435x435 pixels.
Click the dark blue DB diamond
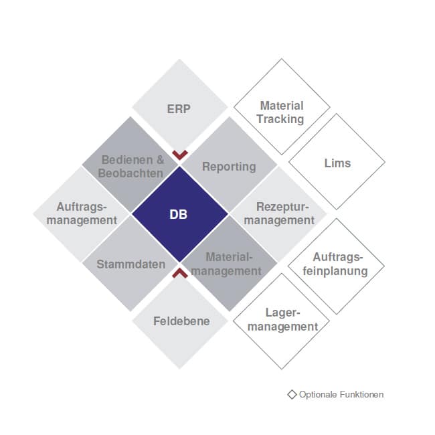tap(180, 214)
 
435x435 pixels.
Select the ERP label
tap(179, 108)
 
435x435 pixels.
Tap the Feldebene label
tap(181, 321)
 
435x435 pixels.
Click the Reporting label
tap(229, 167)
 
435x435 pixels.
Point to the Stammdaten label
tap(130, 264)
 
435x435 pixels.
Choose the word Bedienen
tap(127, 160)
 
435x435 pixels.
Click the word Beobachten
tap(130, 173)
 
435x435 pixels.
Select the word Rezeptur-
tap(282, 207)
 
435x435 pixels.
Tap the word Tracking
tap(280, 119)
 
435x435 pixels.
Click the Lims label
tap(337, 163)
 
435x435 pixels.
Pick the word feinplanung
tap(335, 271)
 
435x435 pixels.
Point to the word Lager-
tap(282, 313)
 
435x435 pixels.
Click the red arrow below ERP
tap(180, 155)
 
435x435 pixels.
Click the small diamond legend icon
tap(292, 394)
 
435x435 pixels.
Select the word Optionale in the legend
tap(318, 394)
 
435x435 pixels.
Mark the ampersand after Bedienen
tap(160, 160)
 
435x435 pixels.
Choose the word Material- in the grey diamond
tap(229, 257)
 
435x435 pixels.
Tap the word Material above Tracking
tap(282, 106)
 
